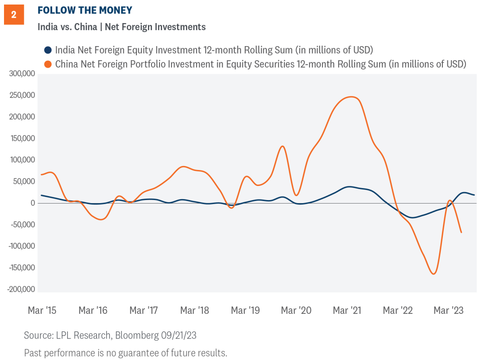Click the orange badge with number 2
click(14, 15)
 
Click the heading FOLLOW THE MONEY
click(85, 11)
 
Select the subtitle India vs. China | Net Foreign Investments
click(121, 27)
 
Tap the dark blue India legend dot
click(48, 50)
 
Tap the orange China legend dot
click(48, 64)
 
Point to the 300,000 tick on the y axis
click(22, 74)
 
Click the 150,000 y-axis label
click(22, 138)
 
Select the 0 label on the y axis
click(32, 203)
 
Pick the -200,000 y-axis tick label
click(21, 289)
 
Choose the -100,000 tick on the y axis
click(21, 246)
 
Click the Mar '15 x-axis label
click(42, 311)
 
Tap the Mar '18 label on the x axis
click(195, 311)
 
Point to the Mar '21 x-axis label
click(347, 311)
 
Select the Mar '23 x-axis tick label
click(448, 311)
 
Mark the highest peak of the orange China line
click(353, 97)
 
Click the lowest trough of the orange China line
click(433, 274)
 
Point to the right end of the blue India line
click(474, 195)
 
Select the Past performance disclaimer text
click(125, 352)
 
